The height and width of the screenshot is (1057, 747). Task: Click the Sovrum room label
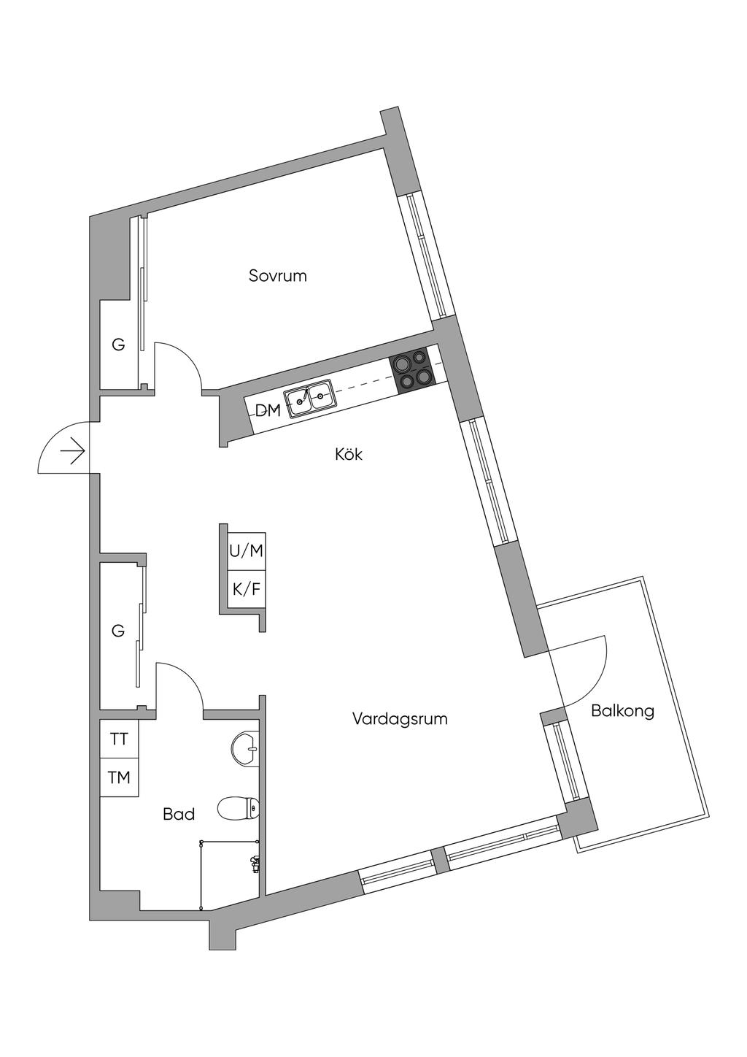click(x=277, y=276)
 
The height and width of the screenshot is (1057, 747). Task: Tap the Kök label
click(x=349, y=455)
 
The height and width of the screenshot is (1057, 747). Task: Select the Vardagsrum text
click(x=399, y=719)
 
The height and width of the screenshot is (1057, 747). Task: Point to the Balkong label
click(x=622, y=710)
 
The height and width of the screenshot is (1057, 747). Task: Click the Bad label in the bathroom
click(x=179, y=814)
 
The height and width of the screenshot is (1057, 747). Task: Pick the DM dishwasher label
click(x=268, y=410)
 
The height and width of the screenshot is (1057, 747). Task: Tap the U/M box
click(x=246, y=551)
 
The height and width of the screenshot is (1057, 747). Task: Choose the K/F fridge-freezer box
click(x=246, y=589)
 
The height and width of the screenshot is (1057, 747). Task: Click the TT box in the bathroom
click(x=119, y=739)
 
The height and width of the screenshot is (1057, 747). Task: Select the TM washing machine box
click(x=119, y=778)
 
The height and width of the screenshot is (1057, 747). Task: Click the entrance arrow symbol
click(x=73, y=453)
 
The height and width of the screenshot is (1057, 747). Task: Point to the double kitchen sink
click(x=309, y=399)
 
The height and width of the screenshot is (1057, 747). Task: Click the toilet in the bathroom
click(x=239, y=807)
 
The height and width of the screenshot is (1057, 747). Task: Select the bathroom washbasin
click(x=245, y=748)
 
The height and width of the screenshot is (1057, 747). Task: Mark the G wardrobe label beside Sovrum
click(x=118, y=345)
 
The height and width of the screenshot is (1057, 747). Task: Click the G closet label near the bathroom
click(x=118, y=631)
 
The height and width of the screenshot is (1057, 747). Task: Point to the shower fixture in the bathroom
click(x=255, y=864)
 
